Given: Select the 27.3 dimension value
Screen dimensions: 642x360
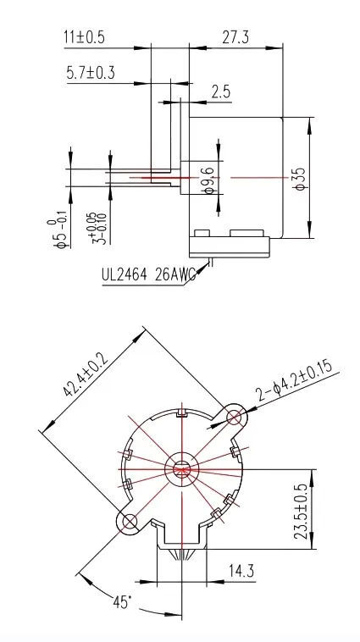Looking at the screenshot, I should (234, 37).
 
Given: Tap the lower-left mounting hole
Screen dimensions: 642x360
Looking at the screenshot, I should (130, 523).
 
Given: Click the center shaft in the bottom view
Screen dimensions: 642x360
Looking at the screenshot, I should (182, 469).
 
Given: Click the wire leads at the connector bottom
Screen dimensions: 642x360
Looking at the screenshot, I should (182, 552).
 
